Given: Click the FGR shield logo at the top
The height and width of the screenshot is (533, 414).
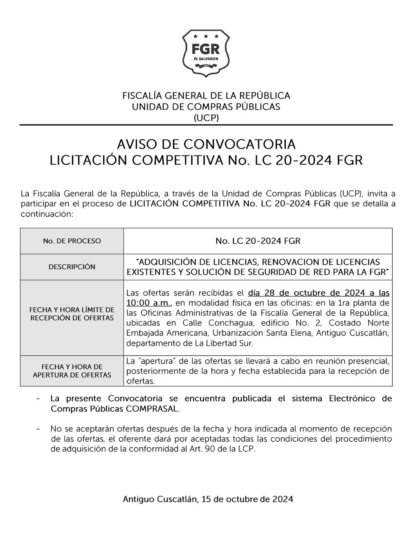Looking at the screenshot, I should (x=206, y=54).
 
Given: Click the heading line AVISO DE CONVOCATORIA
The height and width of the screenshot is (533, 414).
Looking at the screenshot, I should (x=206, y=144).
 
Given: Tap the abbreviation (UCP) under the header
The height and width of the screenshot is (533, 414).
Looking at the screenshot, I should (x=206, y=117).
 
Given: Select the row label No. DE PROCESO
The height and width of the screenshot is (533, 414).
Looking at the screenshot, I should (x=72, y=241).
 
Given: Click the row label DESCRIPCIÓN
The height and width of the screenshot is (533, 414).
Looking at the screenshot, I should (x=72, y=267).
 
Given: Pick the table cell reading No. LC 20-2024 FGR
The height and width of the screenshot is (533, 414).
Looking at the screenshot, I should (x=258, y=241).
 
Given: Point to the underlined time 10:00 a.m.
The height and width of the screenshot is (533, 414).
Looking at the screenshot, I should (x=149, y=303).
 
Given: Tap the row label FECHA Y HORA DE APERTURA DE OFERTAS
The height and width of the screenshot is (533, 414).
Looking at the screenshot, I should (x=72, y=371).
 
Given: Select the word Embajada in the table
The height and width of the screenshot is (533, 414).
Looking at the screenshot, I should (x=144, y=333).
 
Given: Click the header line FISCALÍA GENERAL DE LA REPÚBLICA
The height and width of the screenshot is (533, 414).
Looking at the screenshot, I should (x=206, y=95).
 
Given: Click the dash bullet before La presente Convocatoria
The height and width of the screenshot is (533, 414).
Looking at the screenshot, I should (x=38, y=399).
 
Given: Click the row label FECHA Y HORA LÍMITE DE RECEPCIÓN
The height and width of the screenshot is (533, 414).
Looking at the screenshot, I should (x=72, y=314).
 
